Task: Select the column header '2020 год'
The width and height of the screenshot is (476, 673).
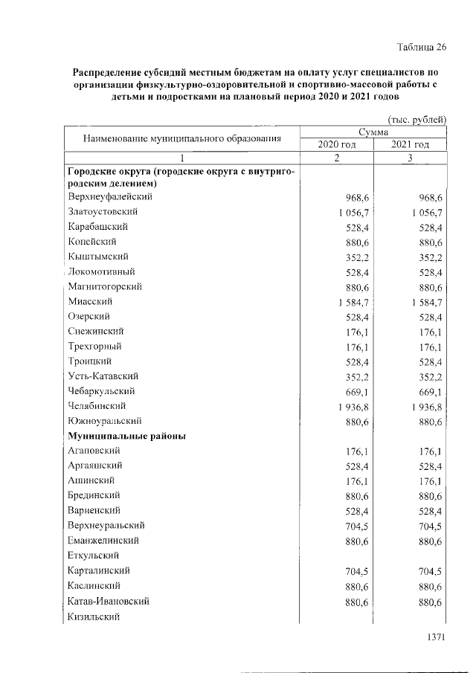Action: [x=336, y=144]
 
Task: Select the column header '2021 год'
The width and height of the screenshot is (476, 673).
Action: [x=410, y=144]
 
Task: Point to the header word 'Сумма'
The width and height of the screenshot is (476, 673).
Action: [x=373, y=132]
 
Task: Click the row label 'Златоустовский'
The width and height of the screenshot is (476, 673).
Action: [x=102, y=212]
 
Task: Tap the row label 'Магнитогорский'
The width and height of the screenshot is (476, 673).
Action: [x=105, y=286]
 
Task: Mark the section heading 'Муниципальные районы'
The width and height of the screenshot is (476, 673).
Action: [x=126, y=436]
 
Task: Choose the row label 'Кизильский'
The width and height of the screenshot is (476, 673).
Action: [x=93, y=616]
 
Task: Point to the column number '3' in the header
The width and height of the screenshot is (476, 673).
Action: [x=410, y=158]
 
